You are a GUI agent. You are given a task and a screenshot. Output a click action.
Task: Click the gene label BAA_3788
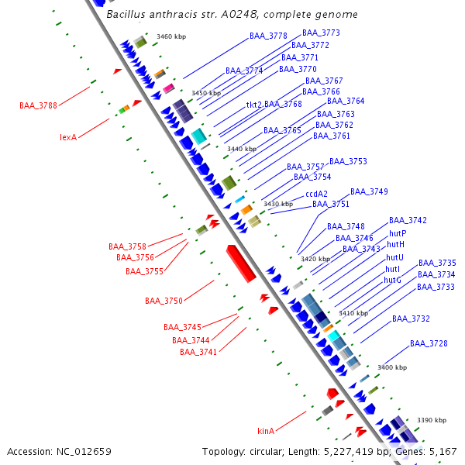point(38,105)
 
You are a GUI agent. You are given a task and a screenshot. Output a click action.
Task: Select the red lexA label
point(68,137)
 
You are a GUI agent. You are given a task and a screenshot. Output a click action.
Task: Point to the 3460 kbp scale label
point(170,36)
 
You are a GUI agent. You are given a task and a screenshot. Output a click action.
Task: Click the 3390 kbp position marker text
point(431,420)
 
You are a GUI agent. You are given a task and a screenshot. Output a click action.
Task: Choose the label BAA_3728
point(429,343)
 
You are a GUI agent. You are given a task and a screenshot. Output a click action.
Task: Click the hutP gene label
point(398,233)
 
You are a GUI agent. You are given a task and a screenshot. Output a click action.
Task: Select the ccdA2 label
point(316,194)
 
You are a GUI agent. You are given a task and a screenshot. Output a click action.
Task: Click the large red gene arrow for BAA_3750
point(241,263)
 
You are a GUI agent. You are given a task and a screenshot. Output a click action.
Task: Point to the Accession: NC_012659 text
point(59,451)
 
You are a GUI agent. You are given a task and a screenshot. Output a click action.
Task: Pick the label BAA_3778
point(268,36)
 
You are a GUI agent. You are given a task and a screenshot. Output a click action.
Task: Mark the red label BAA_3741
point(198,352)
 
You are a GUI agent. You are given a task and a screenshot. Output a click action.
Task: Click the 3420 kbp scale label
point(315,259)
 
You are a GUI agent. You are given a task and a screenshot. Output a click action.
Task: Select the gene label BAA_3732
point(411,319)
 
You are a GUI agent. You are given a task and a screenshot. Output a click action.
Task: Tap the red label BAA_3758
point(127,246)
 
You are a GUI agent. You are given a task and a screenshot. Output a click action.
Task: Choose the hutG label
point(393,280)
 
